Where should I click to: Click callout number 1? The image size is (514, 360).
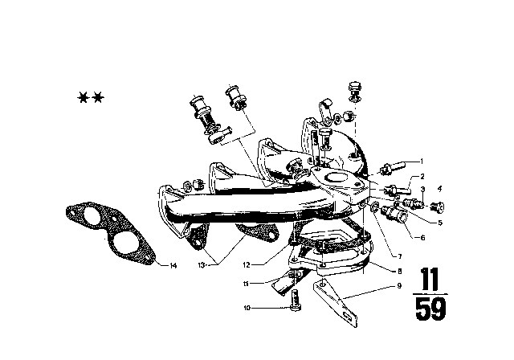pyautogui.click(x=422, y=162)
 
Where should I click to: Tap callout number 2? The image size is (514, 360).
pyautogui.click(x=422, y=177)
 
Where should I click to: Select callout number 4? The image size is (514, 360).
pyautogui.click(x=439, y=189)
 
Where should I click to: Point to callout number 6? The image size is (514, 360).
pyautogui.click(x=422, y=238)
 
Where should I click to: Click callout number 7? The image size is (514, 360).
pyautogui.click(x=400, y=256)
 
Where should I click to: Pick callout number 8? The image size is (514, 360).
pyautogui.click(x=400, y=271)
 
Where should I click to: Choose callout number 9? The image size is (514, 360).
pyautogui.click(x=399, y=286)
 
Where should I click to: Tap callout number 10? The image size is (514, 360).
pyautogui.click(x=247, y=308)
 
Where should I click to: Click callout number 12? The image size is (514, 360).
pyautogui.click(x=247, y=264)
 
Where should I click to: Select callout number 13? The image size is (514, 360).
pyautogui.click(x=201, y=265)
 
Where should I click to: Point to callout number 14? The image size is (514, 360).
pyautogui.click(x=173, y=265)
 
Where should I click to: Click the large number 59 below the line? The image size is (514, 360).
pyautogui.click(x=430, y=309)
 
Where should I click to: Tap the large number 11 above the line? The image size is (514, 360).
pyautogui.click(x=430, y=279)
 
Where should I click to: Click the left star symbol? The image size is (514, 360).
pyautogui.click(x=83, y=97)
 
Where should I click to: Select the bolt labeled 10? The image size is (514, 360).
pyautogui.click(x=296, y=300)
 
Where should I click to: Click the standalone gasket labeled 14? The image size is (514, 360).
pyautogui.click(x=110, y=233)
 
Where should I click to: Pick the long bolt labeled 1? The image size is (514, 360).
pyautogui.click(x=393, y=166)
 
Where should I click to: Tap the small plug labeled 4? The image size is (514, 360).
pyautogui.click(x=438, y=207)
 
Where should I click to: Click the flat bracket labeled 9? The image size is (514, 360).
pyautogui.click(x=335, y=302)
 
